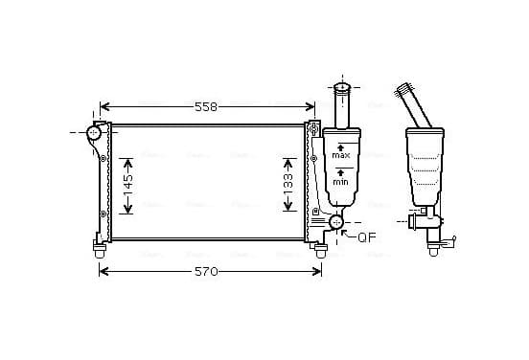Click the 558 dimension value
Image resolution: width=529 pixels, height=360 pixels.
206,107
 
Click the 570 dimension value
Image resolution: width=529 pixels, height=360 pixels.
206,271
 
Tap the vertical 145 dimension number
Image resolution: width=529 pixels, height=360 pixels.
128,186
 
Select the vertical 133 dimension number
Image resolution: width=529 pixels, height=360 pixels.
288,184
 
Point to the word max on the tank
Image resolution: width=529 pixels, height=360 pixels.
341,155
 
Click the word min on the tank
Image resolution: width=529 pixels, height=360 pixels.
340,182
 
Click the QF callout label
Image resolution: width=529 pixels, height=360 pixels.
366,237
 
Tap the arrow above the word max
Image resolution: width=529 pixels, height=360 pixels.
341,147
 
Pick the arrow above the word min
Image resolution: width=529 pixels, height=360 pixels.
341,173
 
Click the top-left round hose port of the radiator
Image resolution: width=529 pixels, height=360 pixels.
94,132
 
